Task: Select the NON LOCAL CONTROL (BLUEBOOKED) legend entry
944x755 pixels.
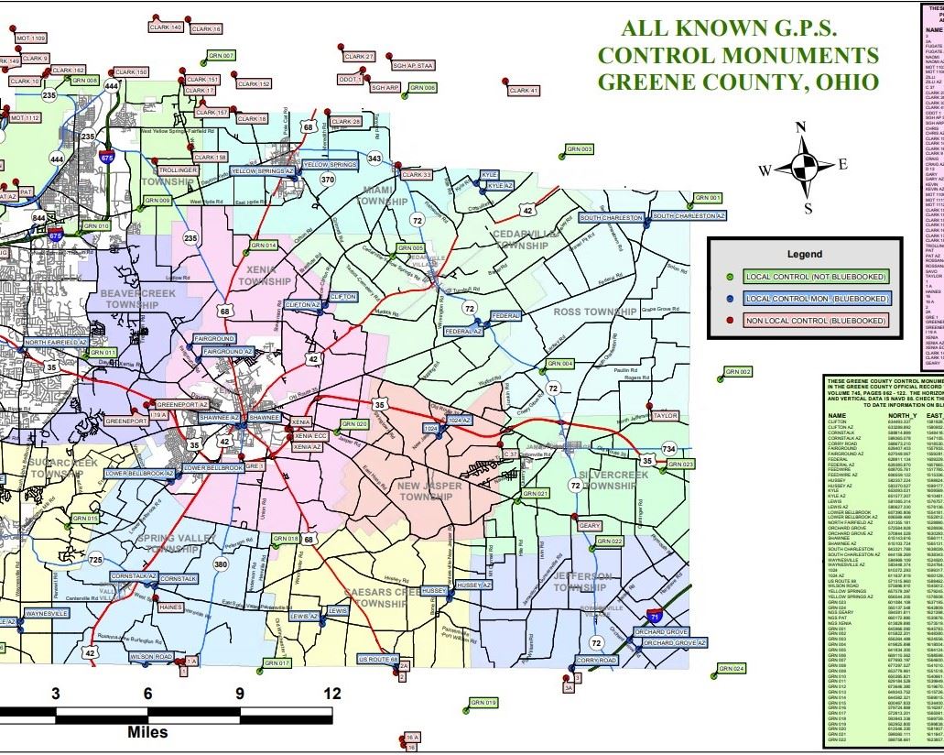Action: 816,320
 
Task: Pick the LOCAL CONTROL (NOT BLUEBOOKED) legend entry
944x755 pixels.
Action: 815,276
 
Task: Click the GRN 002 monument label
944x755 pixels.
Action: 738,372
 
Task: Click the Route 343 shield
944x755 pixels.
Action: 374,159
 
